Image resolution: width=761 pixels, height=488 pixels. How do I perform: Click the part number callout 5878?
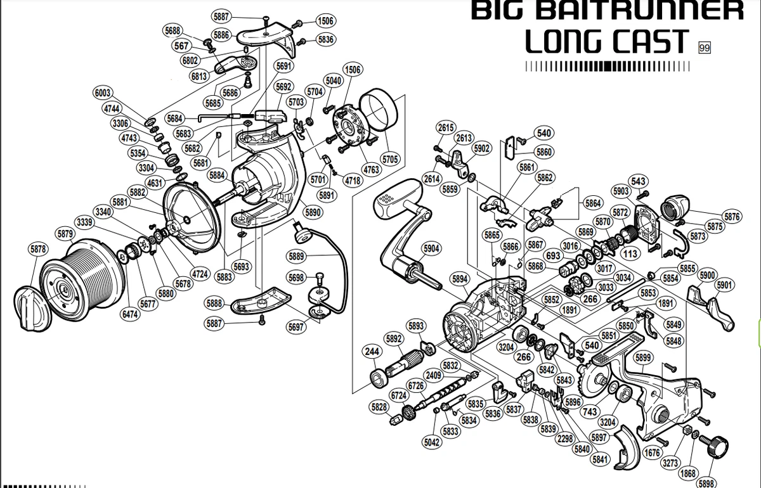[37, 249]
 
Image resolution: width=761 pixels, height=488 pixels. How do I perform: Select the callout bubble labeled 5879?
[65, 234]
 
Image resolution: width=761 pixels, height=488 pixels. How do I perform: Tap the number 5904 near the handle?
[431, 248]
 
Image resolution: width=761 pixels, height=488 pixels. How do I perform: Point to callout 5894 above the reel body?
[460, 279]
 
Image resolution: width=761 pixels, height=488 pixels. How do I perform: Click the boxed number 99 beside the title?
[705, 48]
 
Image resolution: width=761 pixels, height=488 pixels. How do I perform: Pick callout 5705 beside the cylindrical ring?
[390, 159]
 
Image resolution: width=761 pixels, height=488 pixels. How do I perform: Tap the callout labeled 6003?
[103, 93]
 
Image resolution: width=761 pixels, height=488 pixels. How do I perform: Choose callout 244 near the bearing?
[372, 351]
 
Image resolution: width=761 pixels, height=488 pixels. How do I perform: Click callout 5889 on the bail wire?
[296, 256]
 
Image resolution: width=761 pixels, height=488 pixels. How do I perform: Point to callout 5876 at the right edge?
[732, 216]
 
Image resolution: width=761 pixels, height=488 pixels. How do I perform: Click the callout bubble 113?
[630, 254]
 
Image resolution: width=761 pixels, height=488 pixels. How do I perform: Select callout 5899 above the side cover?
[643, 357]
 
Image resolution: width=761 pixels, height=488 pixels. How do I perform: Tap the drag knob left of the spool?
[32, 308]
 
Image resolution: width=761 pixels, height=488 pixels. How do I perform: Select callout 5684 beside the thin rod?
[174, 118]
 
